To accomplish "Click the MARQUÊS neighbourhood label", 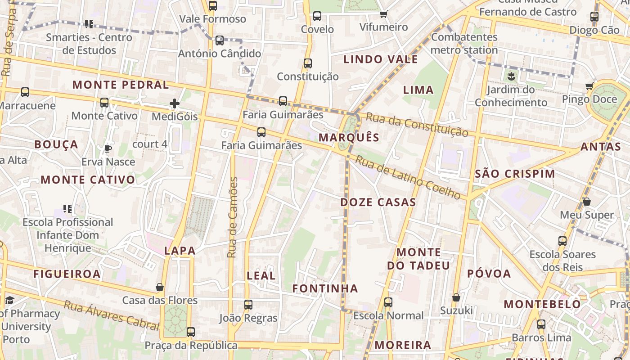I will pyautogui.click(x=349, y=138).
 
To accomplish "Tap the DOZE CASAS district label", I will pyautogui.click(x=378, y=202).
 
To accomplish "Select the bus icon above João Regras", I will pyautogui.click(x=248, y=305).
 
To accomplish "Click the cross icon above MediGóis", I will pyautogui.click(x=175, y=104).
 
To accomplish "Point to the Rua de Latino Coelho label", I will pyautogui.click(x=408, y=177).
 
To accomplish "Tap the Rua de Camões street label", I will pyautogui.click(x=232, y=217).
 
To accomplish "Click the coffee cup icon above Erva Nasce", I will pyautogui.click(x=108, y=148).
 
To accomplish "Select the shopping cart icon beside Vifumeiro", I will pyautogui.click(x=383, y=14).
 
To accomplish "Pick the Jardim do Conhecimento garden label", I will pyautogui.click(x=511, y=96).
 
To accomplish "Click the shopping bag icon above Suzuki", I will pyautogui.click(x=456, y=297).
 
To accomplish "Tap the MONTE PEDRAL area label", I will pyautogui.click(x=121, y=85).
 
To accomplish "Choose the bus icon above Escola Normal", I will pyautogui.click(x=388, y=302).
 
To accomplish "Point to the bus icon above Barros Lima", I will pyautogui.click(x=541, y=324).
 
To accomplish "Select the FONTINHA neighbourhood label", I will pyautogui.click(x=325, y=288).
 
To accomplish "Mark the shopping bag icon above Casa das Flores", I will pyautogui.click(x=160, y=287).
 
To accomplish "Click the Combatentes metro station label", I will pyautogui.click(x=464, y=43).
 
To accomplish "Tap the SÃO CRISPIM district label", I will pyautogui.click(x=515, y=174).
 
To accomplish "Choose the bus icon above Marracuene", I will pyautogui.click(x=25, y=92).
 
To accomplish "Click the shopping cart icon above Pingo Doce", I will pyautogui.click(x=589, y=86).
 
